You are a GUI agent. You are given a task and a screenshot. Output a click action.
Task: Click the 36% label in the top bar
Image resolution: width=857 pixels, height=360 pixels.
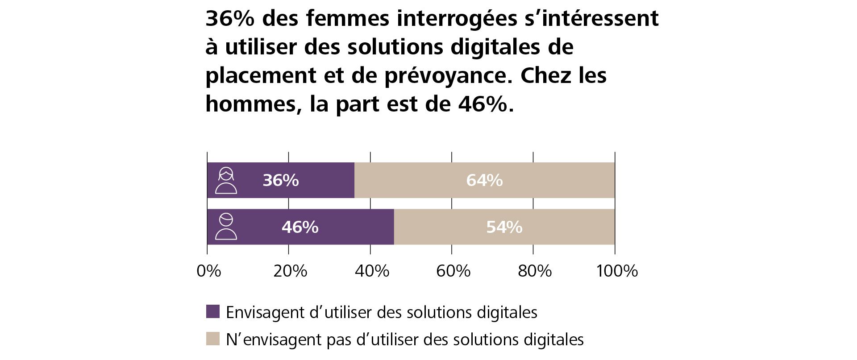(x=280, y=180)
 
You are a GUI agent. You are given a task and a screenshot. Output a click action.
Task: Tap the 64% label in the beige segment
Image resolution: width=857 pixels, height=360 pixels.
(x=484, y=180)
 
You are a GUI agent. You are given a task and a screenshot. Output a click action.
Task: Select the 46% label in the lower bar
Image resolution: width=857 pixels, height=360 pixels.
(x=300, y=227)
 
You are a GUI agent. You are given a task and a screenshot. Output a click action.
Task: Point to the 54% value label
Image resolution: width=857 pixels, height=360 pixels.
(x=504, y=227)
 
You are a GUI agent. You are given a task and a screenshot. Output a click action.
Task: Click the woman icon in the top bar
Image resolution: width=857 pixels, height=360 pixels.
(x=226, y=180)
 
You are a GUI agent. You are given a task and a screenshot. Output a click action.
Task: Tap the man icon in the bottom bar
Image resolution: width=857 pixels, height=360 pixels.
(x=226, y=227)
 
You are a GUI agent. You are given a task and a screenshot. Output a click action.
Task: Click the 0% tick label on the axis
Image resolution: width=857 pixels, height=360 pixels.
(x=208, y=271)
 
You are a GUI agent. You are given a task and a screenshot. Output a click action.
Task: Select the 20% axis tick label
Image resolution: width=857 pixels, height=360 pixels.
(x=290, y=271)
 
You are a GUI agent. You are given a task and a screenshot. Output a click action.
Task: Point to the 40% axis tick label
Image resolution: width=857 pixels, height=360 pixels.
(x=372, y=271)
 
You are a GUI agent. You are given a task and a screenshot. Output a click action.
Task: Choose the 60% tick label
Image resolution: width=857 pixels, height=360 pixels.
(x=453, y=271)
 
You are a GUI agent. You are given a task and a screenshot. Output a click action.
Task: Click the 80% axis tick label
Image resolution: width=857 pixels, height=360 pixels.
(x=535, y=271)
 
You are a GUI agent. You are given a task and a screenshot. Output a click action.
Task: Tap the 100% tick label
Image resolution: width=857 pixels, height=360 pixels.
(x=617, y=271)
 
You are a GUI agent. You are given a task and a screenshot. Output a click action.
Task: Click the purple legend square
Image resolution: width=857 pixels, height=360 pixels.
(x=212, y=311)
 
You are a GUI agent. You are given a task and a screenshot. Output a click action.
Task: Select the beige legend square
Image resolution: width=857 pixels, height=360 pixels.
(x=212, y=339)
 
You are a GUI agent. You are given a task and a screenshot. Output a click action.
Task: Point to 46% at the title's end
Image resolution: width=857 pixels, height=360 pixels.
(x=483, y=104)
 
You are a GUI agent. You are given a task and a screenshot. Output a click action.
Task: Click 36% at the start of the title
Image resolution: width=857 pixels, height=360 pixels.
(x=230, y=19)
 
